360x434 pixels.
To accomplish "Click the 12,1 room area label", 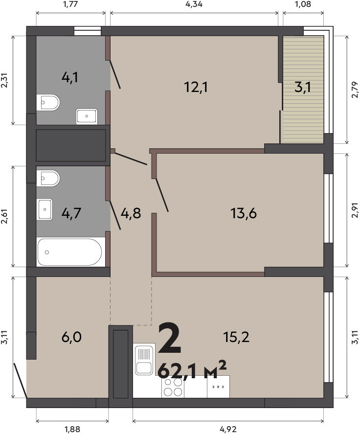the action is (x=196, y=87).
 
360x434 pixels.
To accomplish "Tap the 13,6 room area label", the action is (x=244, y=213).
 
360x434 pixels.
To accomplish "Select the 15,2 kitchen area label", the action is (x=236, y=337).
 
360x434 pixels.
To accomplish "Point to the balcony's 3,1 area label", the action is (x=303, y=88).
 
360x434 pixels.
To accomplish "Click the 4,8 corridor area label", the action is (x=131, y=213).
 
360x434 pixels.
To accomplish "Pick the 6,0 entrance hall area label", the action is (x=71, y=338).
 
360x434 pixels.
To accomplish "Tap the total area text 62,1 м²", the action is (x=192, y=370).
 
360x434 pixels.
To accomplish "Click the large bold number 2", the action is (x=170, y=338).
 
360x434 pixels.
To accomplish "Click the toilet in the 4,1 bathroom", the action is (x=48, y=102).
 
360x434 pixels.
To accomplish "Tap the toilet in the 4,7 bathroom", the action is (x=48, y=178).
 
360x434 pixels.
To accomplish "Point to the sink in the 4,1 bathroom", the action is (x=87, y=116).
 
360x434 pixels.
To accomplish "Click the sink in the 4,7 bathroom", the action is (x=45, y=209).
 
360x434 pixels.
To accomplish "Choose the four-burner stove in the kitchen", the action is (x=173, y=387).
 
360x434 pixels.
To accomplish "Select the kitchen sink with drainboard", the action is (x=144, y=359).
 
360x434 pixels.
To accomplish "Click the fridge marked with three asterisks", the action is (x=218, y=387).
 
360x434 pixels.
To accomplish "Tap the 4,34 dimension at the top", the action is (x=194, y=4).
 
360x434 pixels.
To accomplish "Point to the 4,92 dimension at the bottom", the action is (x=228, y=429).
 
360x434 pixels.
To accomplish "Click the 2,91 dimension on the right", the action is (x=355, y=210).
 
